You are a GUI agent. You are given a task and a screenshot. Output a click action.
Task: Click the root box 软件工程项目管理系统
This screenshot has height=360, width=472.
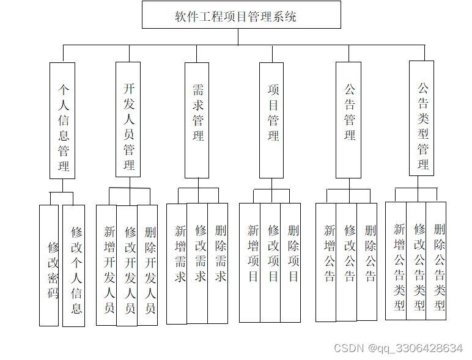pos(241,15)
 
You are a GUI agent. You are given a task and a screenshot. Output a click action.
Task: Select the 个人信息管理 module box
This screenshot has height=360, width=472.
pos(62,120)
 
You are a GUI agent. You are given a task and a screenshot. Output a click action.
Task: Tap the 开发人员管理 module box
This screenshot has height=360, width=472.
pos(128,119)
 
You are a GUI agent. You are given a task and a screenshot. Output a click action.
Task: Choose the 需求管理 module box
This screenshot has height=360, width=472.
pos(197,120)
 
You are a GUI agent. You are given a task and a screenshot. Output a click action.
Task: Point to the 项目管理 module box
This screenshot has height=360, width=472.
pos(271,120)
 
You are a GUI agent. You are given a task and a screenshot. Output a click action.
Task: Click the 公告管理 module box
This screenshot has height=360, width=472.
pos(348,120)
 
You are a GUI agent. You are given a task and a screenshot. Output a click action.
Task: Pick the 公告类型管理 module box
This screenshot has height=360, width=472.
pos(421,119)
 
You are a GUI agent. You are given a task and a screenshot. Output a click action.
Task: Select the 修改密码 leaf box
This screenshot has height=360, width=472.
pos(49,265)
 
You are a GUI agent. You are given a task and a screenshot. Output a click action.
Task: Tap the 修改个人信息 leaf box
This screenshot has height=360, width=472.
pos(73,265)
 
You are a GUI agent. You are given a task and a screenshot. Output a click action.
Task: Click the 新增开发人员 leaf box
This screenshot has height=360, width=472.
pos(106,265)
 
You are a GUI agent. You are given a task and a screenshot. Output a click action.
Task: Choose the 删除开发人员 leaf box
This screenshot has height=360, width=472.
pos(147,265)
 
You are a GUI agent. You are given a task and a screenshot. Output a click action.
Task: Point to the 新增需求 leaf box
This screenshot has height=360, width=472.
pos(177,263)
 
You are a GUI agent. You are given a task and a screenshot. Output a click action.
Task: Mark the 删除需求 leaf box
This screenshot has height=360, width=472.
pos(218,263)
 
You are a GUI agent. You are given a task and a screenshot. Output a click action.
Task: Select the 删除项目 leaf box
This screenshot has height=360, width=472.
pos(290,262)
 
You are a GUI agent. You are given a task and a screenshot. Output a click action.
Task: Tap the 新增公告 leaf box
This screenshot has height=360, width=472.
pos(326,262)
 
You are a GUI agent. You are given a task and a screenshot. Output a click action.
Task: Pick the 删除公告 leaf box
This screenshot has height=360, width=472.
pos(367,261)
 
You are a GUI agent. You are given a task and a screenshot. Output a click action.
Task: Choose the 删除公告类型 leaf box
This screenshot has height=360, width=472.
pos(436,260)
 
